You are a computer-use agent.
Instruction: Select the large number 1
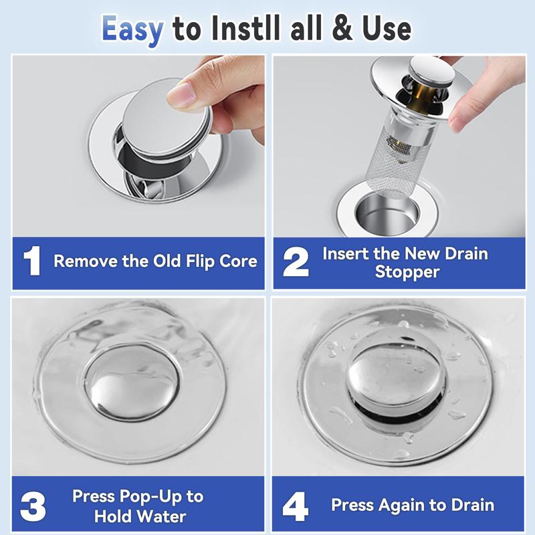[33, 261]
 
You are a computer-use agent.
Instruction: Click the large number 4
[296, 506]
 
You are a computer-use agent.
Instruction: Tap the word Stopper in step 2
[406, 272]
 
